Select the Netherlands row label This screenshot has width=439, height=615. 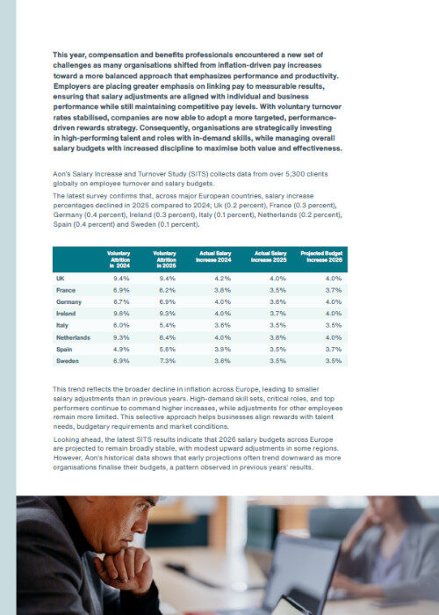[x=73, y=337]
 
